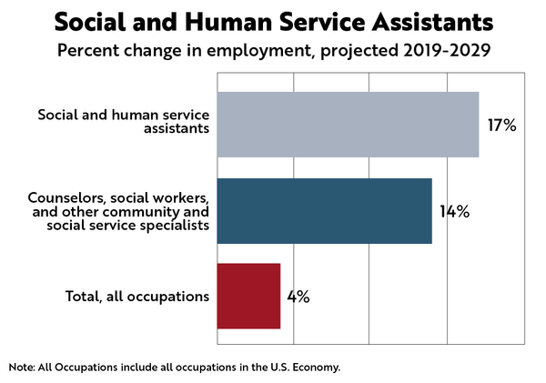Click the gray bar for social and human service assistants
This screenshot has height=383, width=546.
pyautogui.click(x=348, y=125)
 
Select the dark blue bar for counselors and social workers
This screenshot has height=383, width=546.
pyautogui.click(x=324, y=211)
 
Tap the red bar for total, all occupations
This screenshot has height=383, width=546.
pyautogui.click(x=248, y=297)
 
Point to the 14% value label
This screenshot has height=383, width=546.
pyautogui.click(x=454, y=212)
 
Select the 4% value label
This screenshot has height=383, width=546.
pyautogui.click(x=298, y=297)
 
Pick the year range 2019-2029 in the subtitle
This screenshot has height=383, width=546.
pyautogui.click(x=446, y=49)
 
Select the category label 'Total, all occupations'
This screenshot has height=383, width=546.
pyautogui.click(x=138, y=297)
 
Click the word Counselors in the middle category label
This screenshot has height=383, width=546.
pyautogui.click(x=66, y=197)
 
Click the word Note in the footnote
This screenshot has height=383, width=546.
pyautogui.click(x=22, y=368)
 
